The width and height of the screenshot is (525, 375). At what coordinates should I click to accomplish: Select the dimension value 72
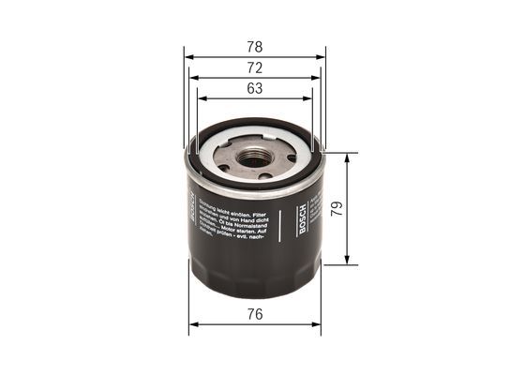pos(254,67)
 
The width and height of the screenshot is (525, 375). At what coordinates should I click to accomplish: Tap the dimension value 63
pos(254,89)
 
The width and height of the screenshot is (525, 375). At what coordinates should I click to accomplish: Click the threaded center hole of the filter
pos(253,158)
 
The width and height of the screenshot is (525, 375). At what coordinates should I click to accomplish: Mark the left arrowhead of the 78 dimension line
pos(188,56)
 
